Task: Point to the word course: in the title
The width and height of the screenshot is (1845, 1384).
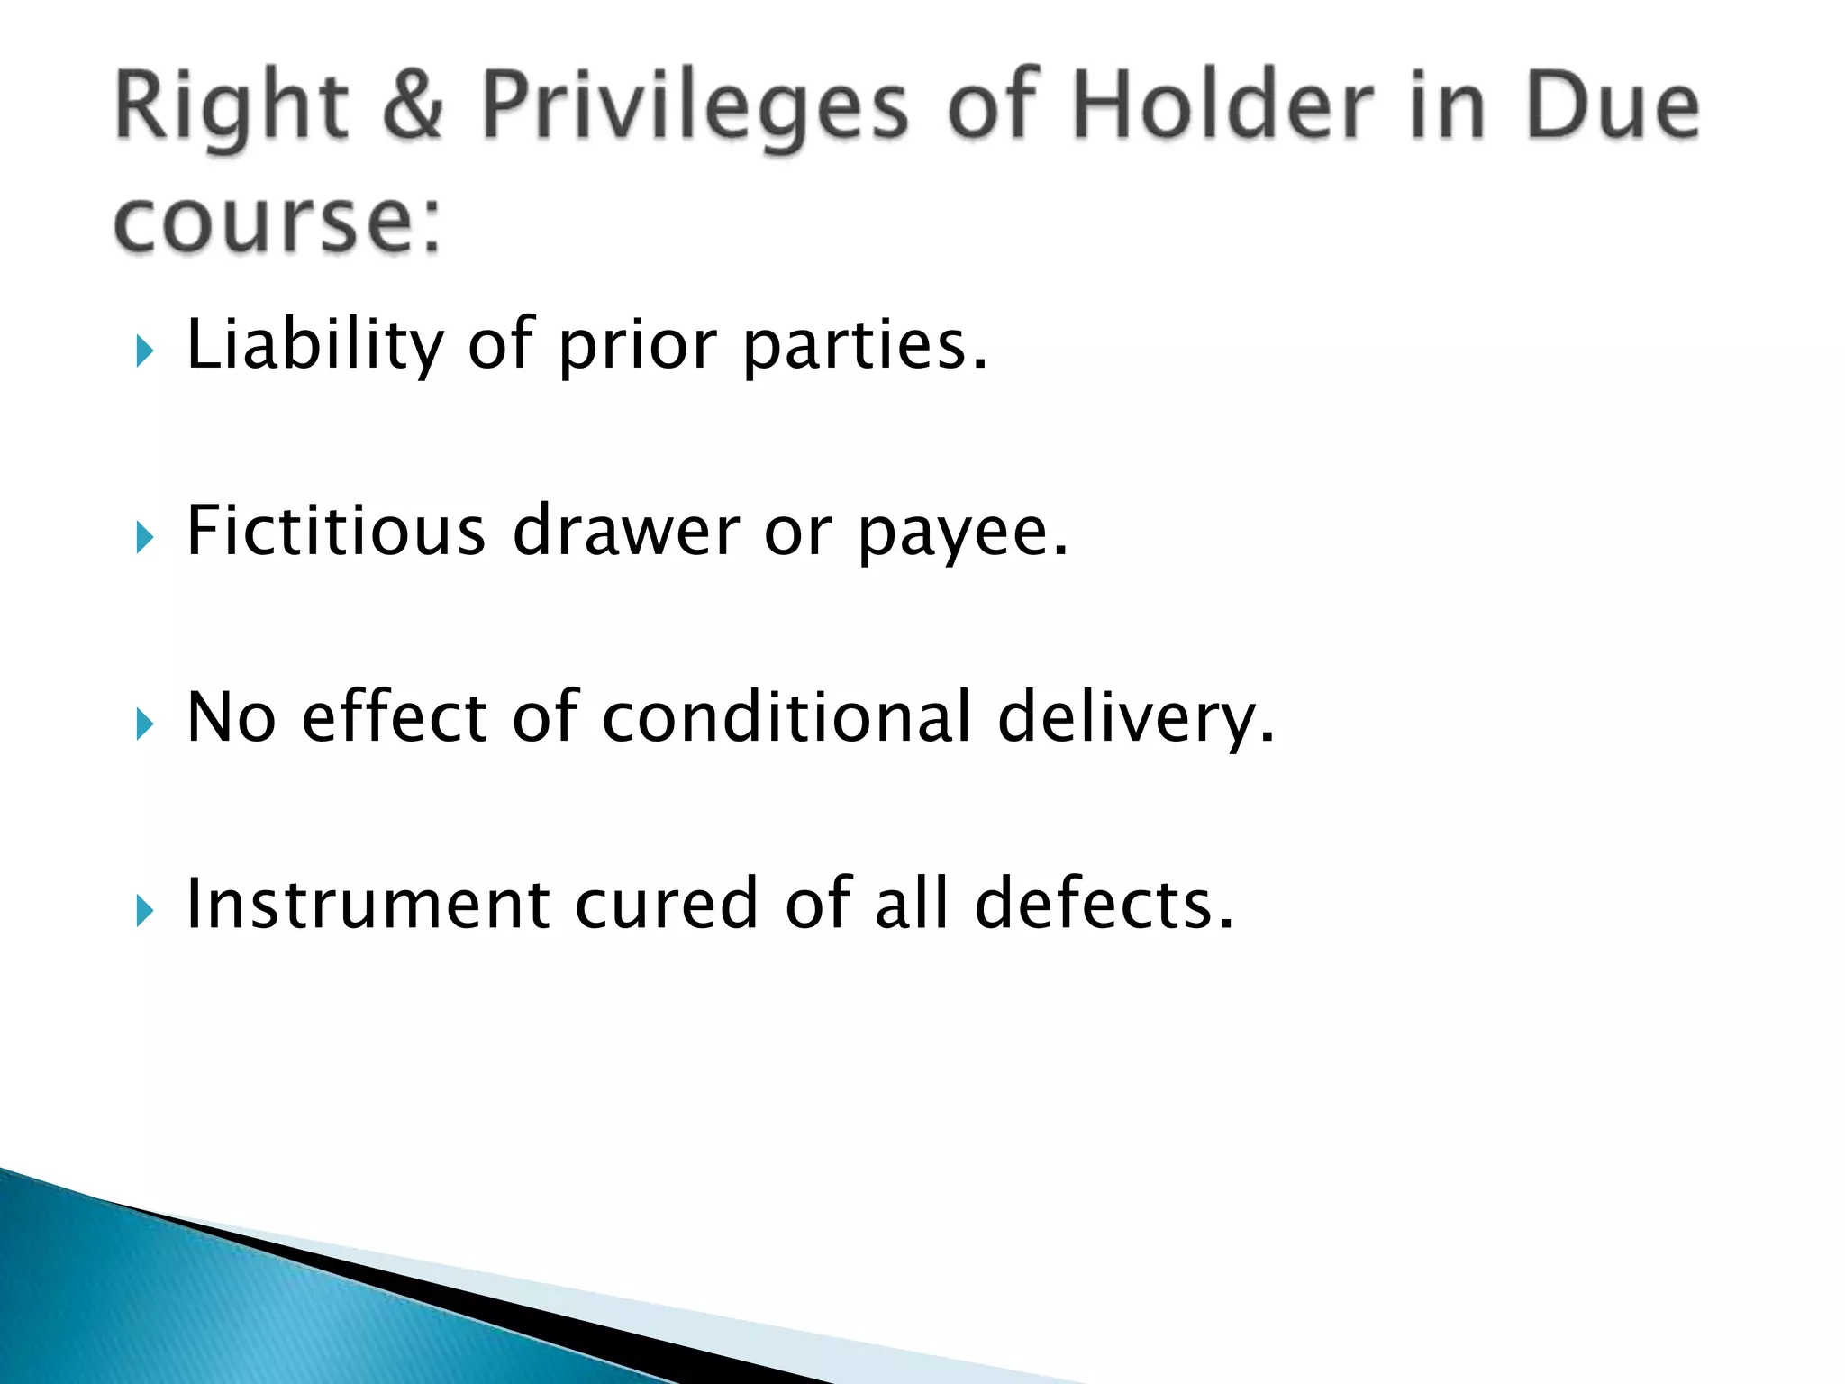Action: (x=278, y=221)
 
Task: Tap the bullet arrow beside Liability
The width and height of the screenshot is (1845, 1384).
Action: (x=145, y=351)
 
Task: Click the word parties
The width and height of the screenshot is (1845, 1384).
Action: (x=866, y=346)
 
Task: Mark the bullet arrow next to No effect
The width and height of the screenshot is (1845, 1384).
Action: (x=145, y=724)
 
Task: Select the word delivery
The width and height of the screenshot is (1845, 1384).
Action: (x=1136, y=719)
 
